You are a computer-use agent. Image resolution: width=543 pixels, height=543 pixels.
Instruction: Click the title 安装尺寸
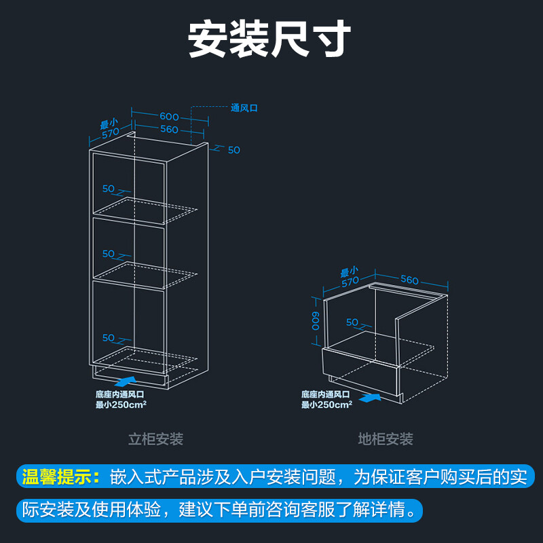pyautogui.click(x=269, y=39)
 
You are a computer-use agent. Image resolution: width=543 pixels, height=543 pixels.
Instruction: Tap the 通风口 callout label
pyautogui.click(x=244, y=107)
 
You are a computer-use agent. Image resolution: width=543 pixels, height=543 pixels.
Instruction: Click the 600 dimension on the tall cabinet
pyautogui.click(x=169, y=116)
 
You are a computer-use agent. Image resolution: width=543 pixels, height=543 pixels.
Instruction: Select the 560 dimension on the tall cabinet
pyautogui.click(x=169, y=129)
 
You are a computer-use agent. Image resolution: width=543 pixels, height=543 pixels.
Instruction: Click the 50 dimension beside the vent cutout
pyautogui.click(x=233, y=149)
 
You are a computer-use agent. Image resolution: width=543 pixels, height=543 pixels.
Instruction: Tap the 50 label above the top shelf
pyautogui.click(x=109, y=189)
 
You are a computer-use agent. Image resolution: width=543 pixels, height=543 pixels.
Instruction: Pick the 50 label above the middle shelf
pyautogui.click(x=109, y=253)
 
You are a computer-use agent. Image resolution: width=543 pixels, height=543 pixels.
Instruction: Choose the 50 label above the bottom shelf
pyautogui.click(x=109, y=337)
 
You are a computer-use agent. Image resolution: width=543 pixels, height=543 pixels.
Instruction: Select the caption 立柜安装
pyautogui.click(x=156, y=439)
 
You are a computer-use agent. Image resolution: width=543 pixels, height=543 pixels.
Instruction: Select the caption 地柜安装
pyautogui.click(x=386, y=439)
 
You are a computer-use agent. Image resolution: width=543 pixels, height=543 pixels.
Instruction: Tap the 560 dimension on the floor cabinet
pyautogui.click(x=409, y=280)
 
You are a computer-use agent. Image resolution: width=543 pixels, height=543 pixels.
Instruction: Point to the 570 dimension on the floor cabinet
pyautogui.click(x=350, y=280)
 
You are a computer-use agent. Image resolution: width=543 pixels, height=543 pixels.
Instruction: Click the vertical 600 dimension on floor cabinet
pyautogui.click(x=315, y=320)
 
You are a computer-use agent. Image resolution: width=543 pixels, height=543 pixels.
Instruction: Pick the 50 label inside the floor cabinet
pyautogui.click(x=352, y=322)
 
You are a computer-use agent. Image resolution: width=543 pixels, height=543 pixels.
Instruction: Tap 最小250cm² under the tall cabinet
pyautogui.click(x=121, y=404)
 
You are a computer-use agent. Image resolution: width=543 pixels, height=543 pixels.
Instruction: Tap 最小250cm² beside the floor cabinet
pyautogui.click(x=326, y=405)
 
